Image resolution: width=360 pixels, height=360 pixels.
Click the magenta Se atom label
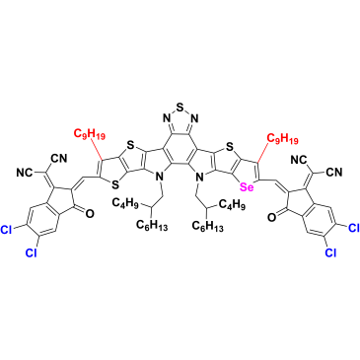click(247, 187)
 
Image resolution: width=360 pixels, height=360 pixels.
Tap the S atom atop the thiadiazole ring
click(180, 108)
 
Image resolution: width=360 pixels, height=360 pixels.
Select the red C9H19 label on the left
click(90, 134)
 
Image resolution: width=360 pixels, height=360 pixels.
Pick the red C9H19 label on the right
click(282, 139)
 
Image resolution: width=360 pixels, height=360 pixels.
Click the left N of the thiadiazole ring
click(167, 118)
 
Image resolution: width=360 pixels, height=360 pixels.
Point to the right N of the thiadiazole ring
click(194, 118)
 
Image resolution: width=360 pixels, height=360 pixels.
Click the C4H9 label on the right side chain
click(233, 206)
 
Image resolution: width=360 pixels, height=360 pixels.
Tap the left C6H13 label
click(152, 226)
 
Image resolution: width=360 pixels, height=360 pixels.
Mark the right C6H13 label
click(207, 226)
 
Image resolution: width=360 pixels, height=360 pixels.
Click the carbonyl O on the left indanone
click(89, 214)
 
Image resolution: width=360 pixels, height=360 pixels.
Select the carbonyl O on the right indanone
click(271, 217)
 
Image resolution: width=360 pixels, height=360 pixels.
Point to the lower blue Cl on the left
click(32, 252)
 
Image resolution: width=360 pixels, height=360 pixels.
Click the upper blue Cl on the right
click(353, 228)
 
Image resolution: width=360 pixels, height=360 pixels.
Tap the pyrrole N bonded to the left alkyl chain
click(160, 178)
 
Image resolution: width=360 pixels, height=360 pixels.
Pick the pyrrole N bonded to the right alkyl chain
click(198, 178)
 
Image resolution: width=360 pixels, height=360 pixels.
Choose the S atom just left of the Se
click(230, 145)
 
